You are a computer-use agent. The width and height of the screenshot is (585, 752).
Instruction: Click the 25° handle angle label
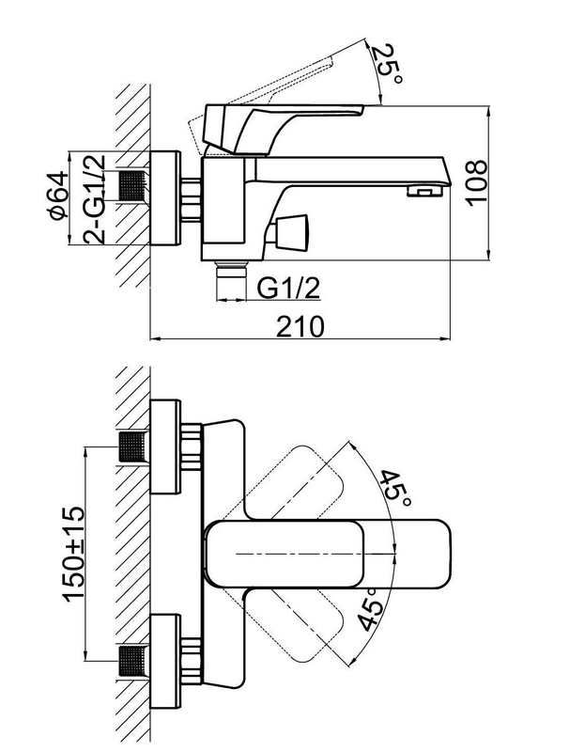coord(387,63)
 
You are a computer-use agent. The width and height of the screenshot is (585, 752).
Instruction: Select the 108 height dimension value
coord(477,182)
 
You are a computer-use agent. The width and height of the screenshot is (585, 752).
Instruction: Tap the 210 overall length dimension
coord(300,326)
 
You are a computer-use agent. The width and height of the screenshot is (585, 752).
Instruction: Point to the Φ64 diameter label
coord(58,196)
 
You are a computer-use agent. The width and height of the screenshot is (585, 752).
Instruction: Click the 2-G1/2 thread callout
coord(94,199)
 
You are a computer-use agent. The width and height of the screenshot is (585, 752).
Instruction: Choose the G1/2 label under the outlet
coord(288,288)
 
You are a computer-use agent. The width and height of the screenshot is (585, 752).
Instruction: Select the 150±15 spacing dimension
coord(73,554)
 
